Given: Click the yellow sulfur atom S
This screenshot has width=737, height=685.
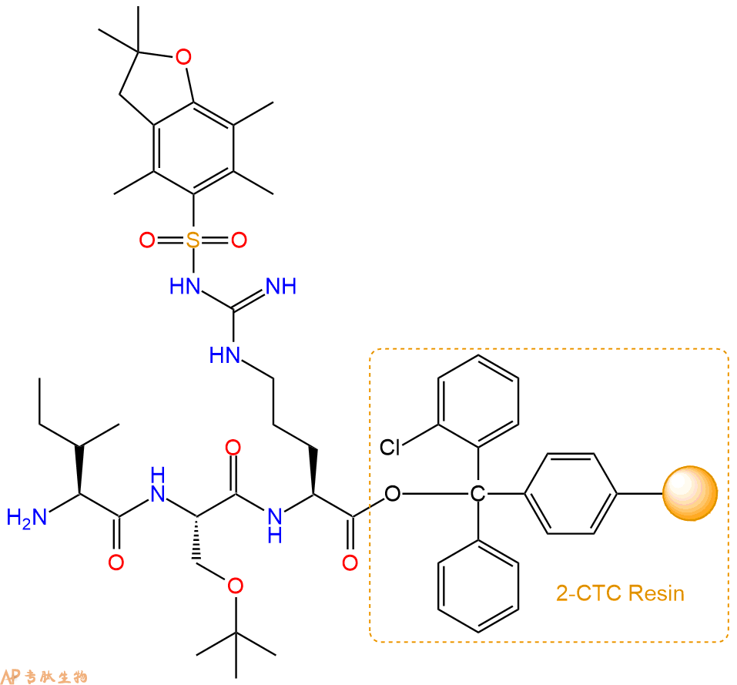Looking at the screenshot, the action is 193,240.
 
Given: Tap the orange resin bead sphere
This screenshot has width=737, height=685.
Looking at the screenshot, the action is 690,493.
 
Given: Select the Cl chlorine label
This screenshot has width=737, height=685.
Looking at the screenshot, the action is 390,447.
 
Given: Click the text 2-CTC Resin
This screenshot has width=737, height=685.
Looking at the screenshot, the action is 620,593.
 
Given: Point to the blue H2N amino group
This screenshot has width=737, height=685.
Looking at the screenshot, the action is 27,517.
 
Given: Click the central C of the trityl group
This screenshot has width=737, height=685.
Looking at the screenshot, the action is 477,494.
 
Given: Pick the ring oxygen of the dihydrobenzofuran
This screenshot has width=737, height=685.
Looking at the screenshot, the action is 183,57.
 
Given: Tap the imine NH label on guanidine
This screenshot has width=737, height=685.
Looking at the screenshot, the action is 281,286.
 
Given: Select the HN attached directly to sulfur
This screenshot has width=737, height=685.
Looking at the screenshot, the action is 185,286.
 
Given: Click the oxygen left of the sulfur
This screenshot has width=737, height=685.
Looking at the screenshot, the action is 147,240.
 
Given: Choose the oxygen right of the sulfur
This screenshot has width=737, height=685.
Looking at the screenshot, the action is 239,240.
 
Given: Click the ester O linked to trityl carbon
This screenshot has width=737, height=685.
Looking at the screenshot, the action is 393,494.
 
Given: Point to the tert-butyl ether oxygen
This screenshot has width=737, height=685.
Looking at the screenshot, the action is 235,586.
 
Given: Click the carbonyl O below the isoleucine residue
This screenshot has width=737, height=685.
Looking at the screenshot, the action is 116,562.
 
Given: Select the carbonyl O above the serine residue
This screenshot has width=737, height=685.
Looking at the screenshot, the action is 233,448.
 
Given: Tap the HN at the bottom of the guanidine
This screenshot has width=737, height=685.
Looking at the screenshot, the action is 225,355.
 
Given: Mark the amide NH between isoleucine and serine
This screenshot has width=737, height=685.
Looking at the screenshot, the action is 158,485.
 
